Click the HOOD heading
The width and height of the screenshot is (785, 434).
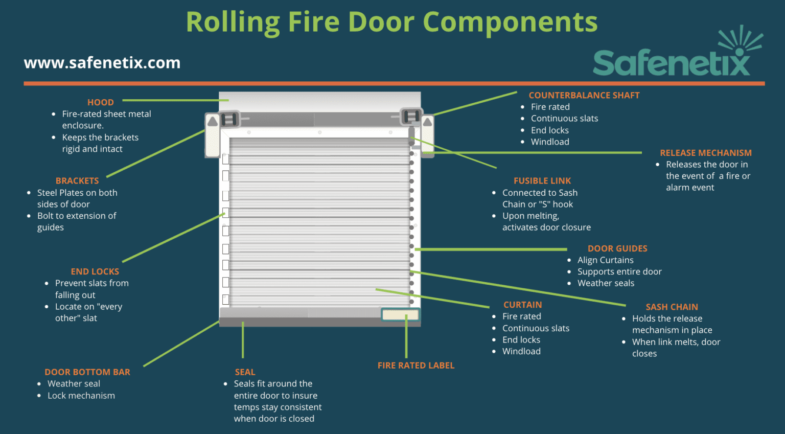(x=100, y=102)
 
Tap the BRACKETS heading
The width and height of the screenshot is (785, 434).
(x=77, y=180)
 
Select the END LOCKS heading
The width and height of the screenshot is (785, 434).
(x=95, y=271)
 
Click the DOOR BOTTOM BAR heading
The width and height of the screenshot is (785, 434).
(x=87, y=372)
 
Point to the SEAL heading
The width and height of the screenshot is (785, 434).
(x=245, y=372)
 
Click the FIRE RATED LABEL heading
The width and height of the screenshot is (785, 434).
(x=415, y=366)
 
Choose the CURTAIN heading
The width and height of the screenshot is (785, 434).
(x=522, y=305)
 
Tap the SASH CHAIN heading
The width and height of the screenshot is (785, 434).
(x=672, y=307)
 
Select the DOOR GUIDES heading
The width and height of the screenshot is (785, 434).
(x=617, y=248)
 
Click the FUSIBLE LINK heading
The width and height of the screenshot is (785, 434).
(x=542, y=180)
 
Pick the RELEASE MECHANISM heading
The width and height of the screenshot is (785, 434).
(x=705, y=153)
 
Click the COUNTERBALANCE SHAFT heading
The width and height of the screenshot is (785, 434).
(x=584, y=95)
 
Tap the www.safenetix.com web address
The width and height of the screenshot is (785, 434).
(x=102, y=63)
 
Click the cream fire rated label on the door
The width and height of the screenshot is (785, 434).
(x=400, y=314)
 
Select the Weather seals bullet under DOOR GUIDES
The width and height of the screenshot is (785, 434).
(x=606, y=283)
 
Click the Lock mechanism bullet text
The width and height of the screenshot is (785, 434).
(x=81, y=396)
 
